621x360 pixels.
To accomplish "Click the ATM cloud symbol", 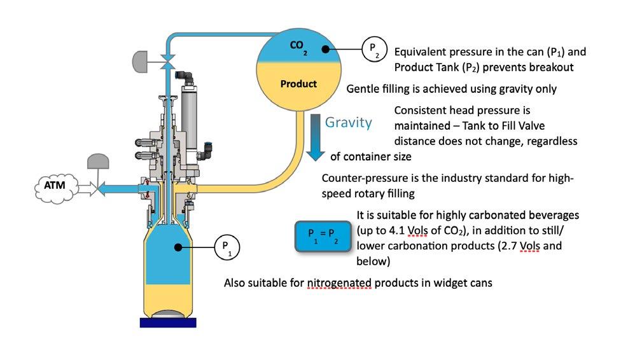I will point(55,187).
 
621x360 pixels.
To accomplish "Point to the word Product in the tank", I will point(298,84).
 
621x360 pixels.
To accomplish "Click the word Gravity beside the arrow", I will point(349,122).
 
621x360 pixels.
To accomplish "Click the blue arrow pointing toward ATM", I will point(117,188).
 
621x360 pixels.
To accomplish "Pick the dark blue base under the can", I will point(168,322).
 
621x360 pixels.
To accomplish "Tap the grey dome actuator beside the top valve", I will point(141,61).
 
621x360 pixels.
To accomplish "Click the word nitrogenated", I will point(337,283).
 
